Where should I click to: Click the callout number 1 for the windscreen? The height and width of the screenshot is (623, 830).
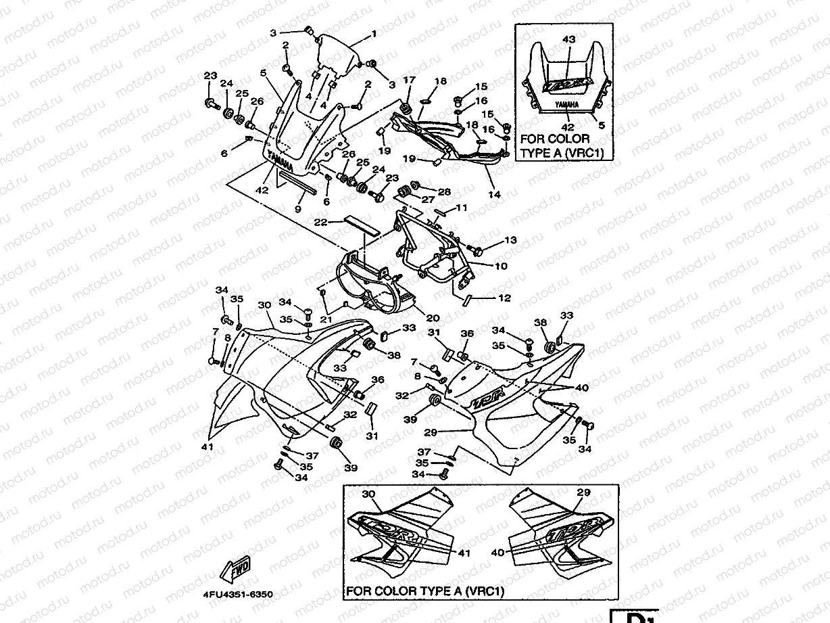click(x=373, y=33)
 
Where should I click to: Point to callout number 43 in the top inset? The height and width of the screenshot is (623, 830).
click(x=568, y=40)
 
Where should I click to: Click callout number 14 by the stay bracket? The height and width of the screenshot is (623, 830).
click(x=495, y=195)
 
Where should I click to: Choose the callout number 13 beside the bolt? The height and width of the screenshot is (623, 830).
click(x=510, y=240)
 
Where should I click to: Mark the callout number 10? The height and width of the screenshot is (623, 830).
click(x=500, y=267)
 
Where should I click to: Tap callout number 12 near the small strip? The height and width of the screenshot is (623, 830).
click(x=504, y=298)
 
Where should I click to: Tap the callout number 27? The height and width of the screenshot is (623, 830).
click(x=427, y=200)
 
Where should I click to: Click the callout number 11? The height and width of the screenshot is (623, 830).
click(x=462, y=208)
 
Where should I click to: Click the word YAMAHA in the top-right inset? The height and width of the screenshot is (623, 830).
click(x=566, y=106)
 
